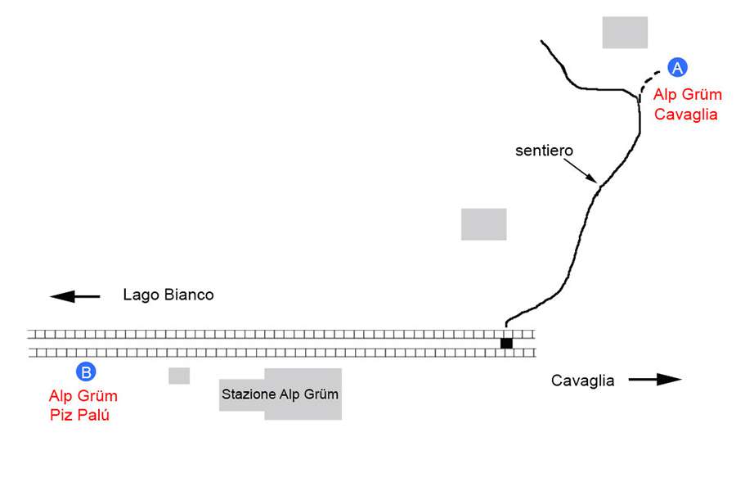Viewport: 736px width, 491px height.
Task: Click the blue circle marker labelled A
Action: (678, 68)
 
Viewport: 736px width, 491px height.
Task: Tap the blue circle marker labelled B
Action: (86, 372)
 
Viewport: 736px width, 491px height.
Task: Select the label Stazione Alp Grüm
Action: (280, 394)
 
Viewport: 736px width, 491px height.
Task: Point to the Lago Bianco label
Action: (168, 295)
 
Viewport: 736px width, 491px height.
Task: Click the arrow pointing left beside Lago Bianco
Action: (74, 295)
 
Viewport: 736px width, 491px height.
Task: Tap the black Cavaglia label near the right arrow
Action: (582, 380)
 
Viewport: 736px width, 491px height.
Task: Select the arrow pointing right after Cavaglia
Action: (656, 379)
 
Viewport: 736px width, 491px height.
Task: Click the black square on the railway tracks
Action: (506, 343)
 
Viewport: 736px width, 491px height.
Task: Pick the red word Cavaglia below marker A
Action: (686, 115)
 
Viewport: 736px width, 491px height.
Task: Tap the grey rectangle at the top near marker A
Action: (625, 32)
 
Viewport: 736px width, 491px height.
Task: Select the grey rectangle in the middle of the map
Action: (483, 224)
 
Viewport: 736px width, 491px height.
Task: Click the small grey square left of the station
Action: (179, 376)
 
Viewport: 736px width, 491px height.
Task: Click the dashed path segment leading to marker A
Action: (650, 79)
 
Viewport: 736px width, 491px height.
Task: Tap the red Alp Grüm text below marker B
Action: (83, 397)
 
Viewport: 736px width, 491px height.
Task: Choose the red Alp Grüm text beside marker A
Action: (688, 95)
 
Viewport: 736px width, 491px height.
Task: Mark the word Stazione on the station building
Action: (246, 394)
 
